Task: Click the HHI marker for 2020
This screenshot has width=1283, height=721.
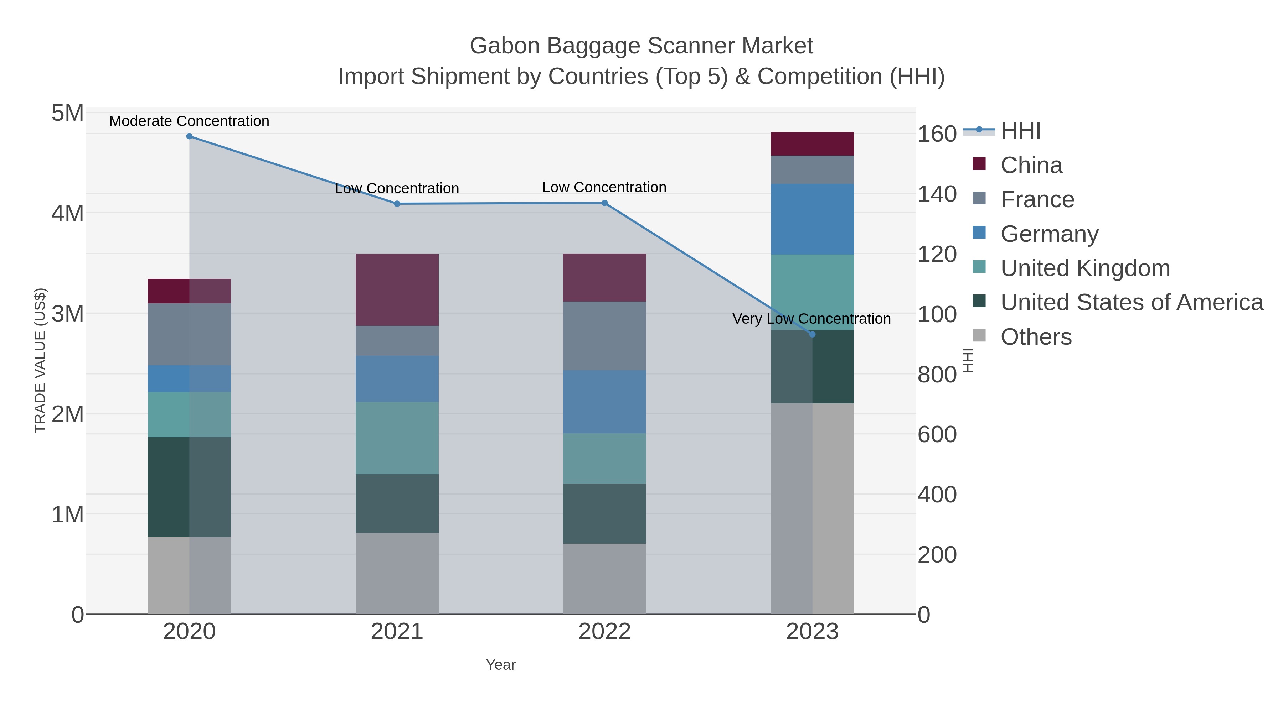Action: (x=189, y=136)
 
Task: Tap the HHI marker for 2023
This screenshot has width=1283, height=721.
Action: (x=812, y=334)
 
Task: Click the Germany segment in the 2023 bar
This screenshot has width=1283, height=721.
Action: (x=812, y=219)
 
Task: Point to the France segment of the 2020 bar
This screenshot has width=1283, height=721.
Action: (x=189, y=334)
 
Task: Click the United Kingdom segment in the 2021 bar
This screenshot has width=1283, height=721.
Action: (x=397, y=438)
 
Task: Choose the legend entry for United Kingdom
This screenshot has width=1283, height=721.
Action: (x=1085, y=268)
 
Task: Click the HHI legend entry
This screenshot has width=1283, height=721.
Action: (x=1020, y=131)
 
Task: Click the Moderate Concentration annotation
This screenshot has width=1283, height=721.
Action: (x=189, y=121)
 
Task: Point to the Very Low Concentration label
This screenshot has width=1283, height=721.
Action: (x=811, y=318)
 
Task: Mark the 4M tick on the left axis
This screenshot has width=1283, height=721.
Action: (x=68, y=214)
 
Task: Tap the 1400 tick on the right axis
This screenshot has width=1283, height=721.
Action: (x=936, y=194)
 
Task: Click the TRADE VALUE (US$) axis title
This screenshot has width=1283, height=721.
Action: (x=40, y=360)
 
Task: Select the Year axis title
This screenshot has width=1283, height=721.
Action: (x=501, y=665)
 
